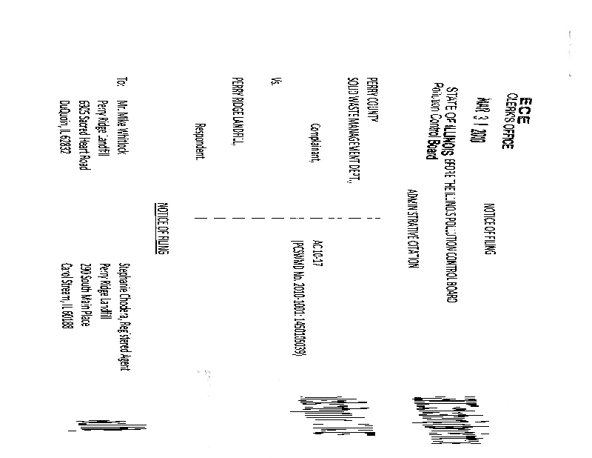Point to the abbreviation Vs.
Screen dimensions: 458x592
pos(275,84)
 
